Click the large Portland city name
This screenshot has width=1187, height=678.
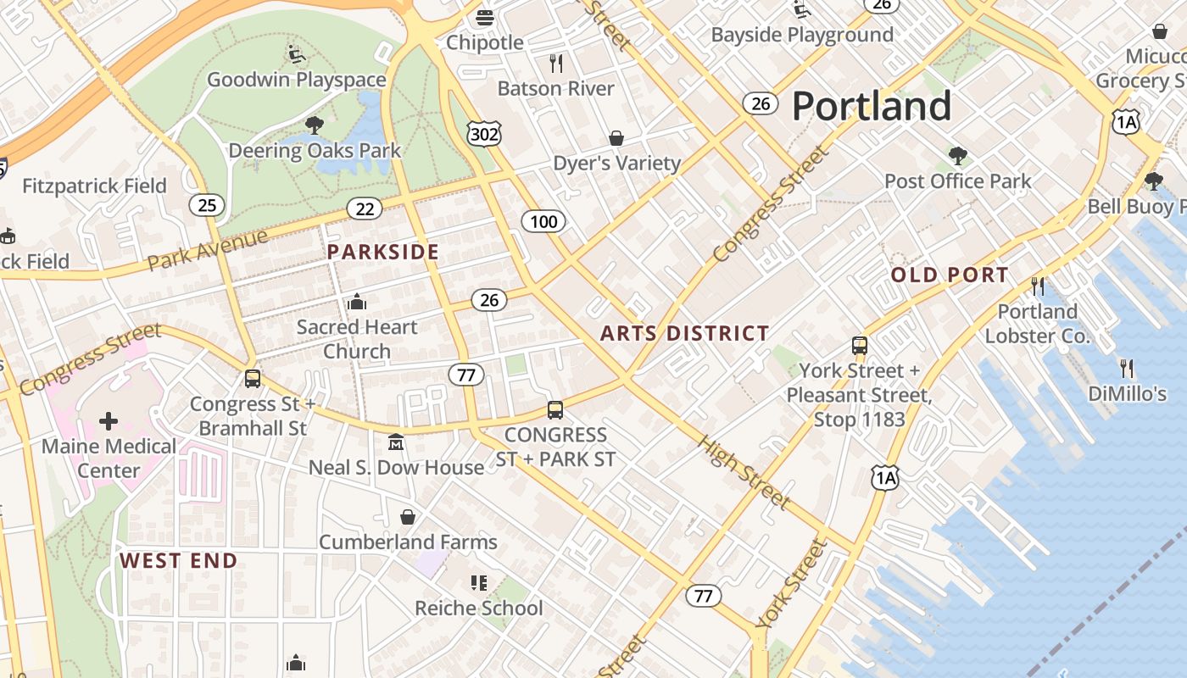[871, 107]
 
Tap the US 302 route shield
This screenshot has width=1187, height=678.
[483, 133]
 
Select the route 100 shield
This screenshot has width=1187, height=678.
[543, 222]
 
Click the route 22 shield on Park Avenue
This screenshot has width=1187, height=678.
[365, 208]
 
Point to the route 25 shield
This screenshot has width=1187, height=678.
[208, 204]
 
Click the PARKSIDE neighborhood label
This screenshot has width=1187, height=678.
[383, 252]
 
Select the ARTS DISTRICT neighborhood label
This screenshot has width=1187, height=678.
[684, 333]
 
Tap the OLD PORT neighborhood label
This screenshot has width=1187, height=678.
[950, 275]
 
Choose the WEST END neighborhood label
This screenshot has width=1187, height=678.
[178, 560]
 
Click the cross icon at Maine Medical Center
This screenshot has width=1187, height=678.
[109, 420]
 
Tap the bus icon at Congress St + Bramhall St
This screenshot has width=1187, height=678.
[252, 379]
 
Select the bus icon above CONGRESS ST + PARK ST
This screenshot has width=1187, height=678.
[555, 410]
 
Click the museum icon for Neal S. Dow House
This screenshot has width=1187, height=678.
[396, 442]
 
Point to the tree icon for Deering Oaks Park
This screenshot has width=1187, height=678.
[315, 126]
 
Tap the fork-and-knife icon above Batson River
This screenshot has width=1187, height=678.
[556, 63]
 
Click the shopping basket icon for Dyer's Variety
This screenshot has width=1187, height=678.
[616, 138]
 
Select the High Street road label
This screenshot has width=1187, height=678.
[744, 472]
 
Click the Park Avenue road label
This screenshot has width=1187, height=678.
[207, 250]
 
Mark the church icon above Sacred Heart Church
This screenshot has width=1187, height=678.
[357, 302]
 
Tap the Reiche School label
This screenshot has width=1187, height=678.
[478, 608]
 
